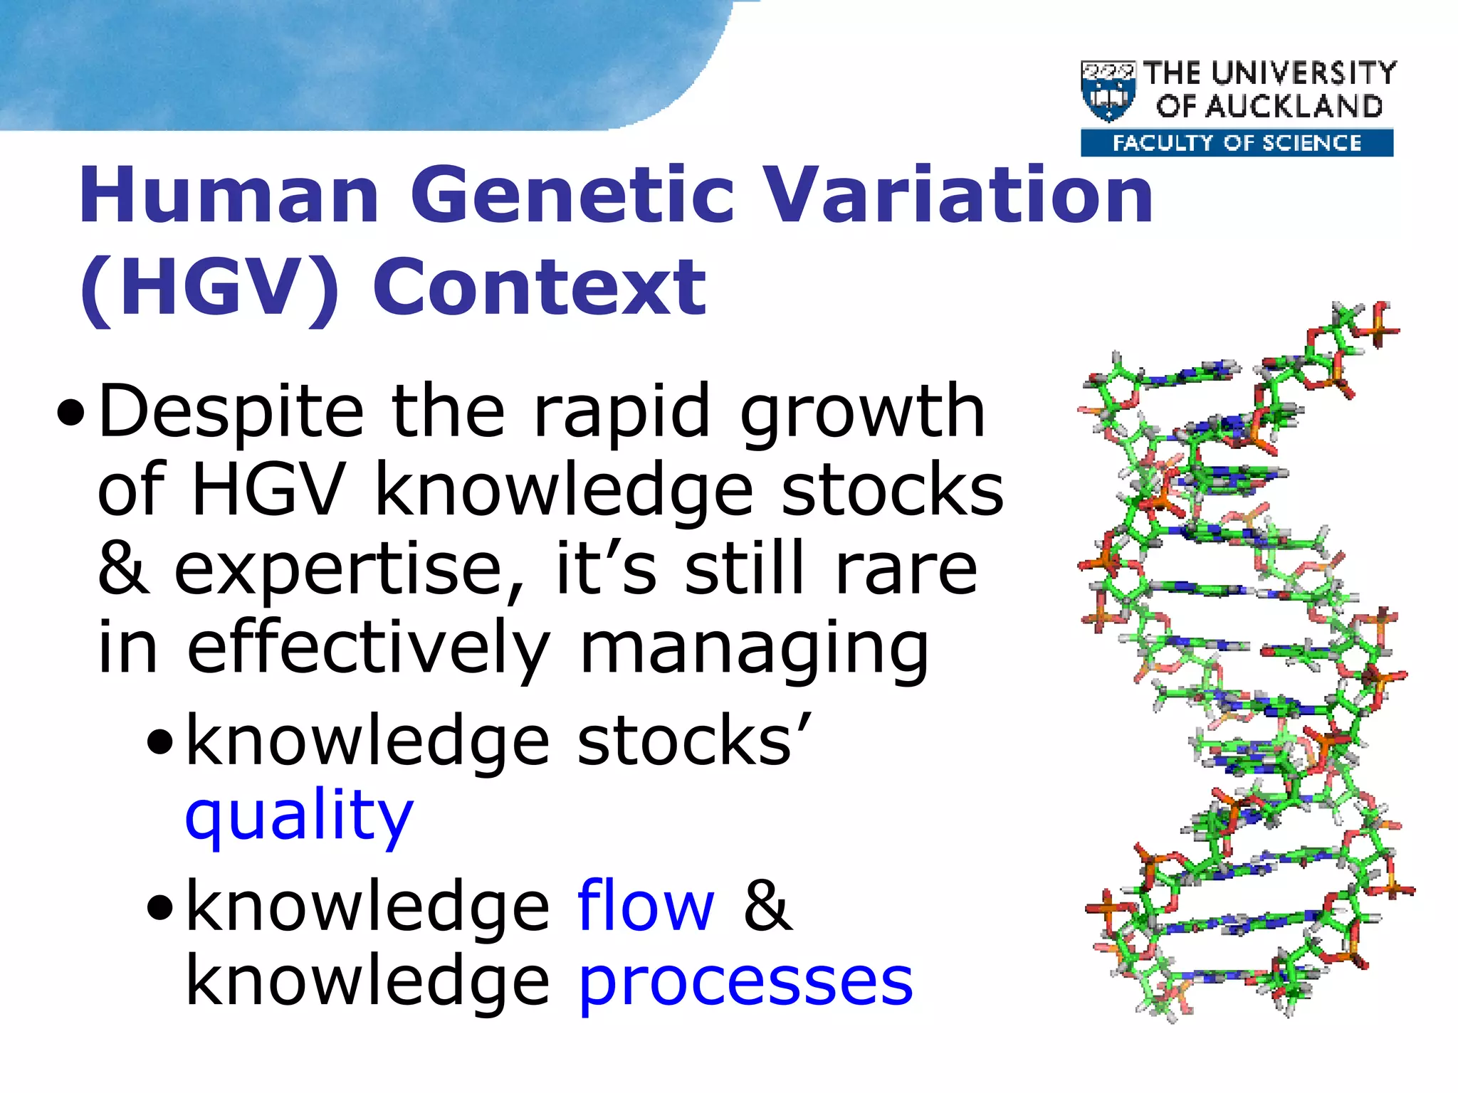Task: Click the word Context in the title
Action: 540,288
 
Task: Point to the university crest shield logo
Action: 1108,91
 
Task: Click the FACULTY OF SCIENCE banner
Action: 1237,143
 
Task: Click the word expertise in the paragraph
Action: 349,569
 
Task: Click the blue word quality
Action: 299,816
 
